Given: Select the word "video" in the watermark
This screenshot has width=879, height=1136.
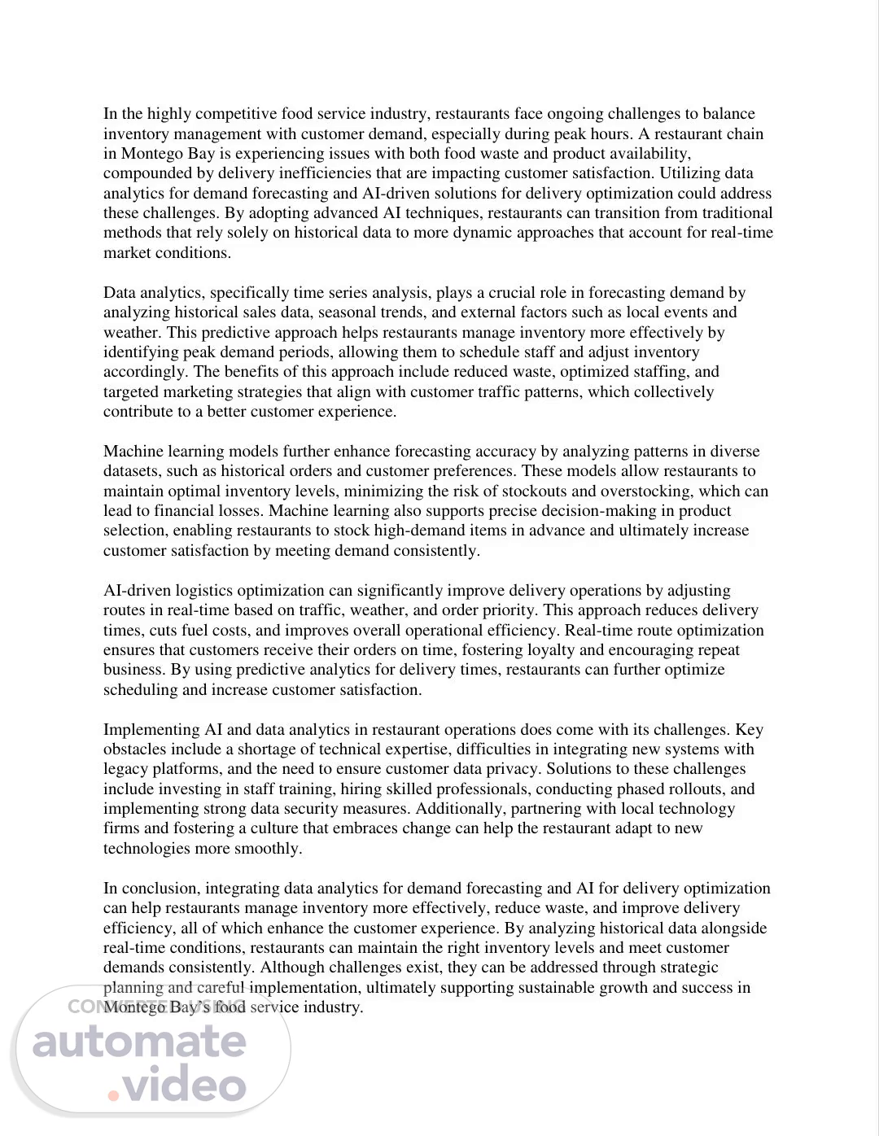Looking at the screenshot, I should [184, 1086].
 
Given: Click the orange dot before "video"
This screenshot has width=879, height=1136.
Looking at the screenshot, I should [113, 1095].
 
